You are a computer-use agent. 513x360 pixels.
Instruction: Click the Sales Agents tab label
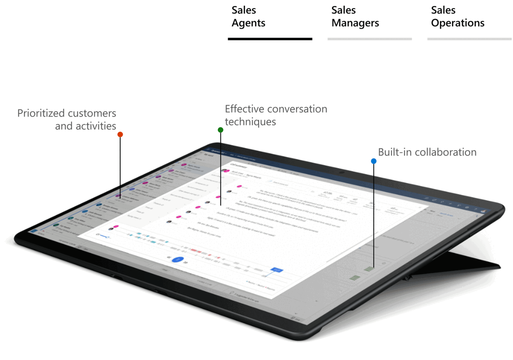[248, 17]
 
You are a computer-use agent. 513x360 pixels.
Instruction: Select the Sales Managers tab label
[355, 17]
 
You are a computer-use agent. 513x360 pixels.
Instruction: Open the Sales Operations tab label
[457, 17]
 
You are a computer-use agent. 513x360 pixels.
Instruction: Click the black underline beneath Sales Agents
[270, 39]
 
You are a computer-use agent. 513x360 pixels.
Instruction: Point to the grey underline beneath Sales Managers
[369, 39]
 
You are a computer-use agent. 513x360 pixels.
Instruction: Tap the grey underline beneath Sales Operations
[469, 39]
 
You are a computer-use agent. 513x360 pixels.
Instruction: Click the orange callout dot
[120, 134]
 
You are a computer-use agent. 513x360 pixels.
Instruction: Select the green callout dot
[221, 130]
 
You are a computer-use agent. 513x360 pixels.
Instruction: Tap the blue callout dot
[374, 161]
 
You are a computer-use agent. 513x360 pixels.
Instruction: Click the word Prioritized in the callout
[41, 113]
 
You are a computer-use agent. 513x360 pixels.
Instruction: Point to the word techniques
[251, 122]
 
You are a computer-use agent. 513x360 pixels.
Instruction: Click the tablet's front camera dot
[342, 173]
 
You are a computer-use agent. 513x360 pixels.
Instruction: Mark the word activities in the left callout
[96, 126]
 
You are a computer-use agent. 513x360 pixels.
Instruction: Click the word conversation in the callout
[299, 109]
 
